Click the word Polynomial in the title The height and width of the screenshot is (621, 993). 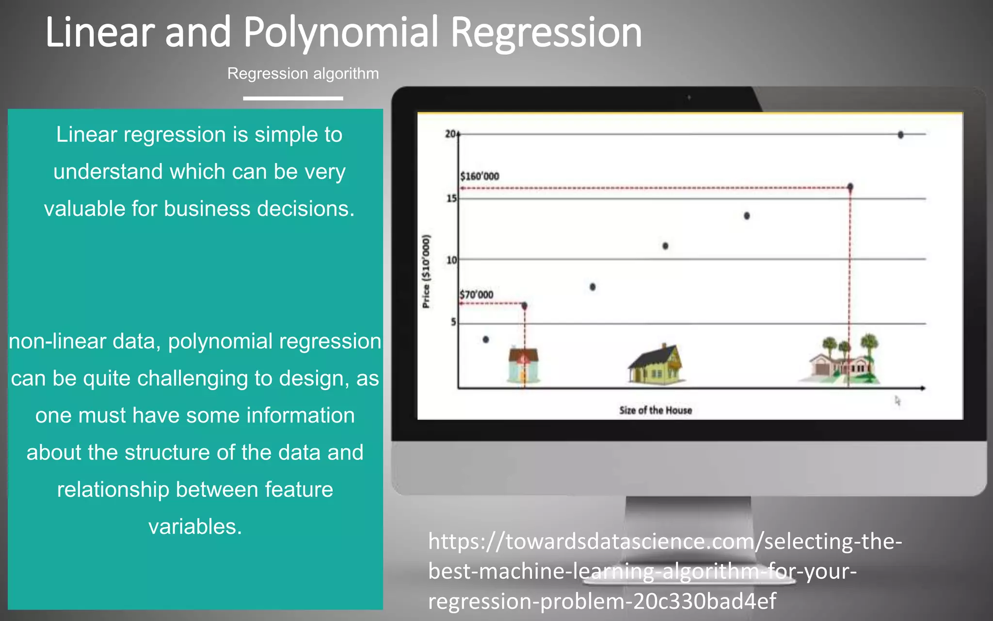coord(340,33)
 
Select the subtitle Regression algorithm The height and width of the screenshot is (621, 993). coord(303,74)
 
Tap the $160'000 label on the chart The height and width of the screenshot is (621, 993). coord(480,176)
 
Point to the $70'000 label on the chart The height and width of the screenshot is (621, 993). coord(477,294)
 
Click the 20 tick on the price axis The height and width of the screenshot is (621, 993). coord(450,134)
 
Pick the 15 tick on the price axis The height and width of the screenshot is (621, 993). coord(451,198)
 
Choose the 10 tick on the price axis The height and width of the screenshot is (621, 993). coord(451,260)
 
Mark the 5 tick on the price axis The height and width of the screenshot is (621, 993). coord(453,322)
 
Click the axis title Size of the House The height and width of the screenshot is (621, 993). coord(655,410)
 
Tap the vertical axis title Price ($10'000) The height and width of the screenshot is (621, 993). coord(426,271)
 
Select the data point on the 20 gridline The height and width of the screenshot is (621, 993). coord(900,135)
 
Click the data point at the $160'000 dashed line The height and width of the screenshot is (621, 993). coord(850,187)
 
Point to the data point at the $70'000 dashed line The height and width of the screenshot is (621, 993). coord(524,306)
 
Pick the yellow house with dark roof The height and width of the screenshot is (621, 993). coord(656,365)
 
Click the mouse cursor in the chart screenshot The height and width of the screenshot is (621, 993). coord(897,401)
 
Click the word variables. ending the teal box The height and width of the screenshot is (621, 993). coord(195,526)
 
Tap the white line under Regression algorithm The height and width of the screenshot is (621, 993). coord(293,98)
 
